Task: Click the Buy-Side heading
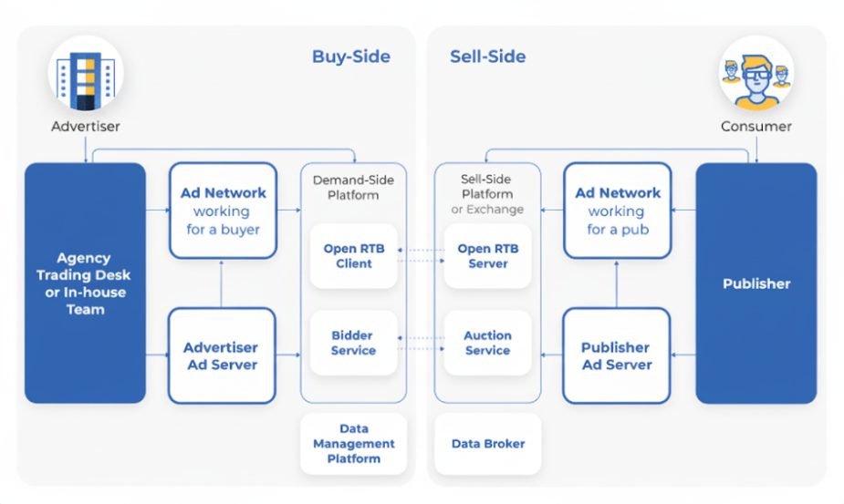pos(351,57)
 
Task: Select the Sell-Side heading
pos(487,57)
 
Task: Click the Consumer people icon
pos(755,72)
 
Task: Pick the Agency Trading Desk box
pos(85,283)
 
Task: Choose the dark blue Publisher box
pos(755,283)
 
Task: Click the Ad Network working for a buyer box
pos(223,211)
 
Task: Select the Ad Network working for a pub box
pos(618,211)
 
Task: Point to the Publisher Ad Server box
pos(617,355)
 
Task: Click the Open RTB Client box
pos(353,256)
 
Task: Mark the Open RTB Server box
pos(487,256)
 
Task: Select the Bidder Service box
pos(353,343)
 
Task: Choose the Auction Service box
pos(487,343)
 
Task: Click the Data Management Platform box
pos(353,444)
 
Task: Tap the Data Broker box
pos(488,444)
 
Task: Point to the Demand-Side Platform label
pos(353,187)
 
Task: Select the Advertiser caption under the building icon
pos(85,127)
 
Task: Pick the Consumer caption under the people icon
pos(755,127)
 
